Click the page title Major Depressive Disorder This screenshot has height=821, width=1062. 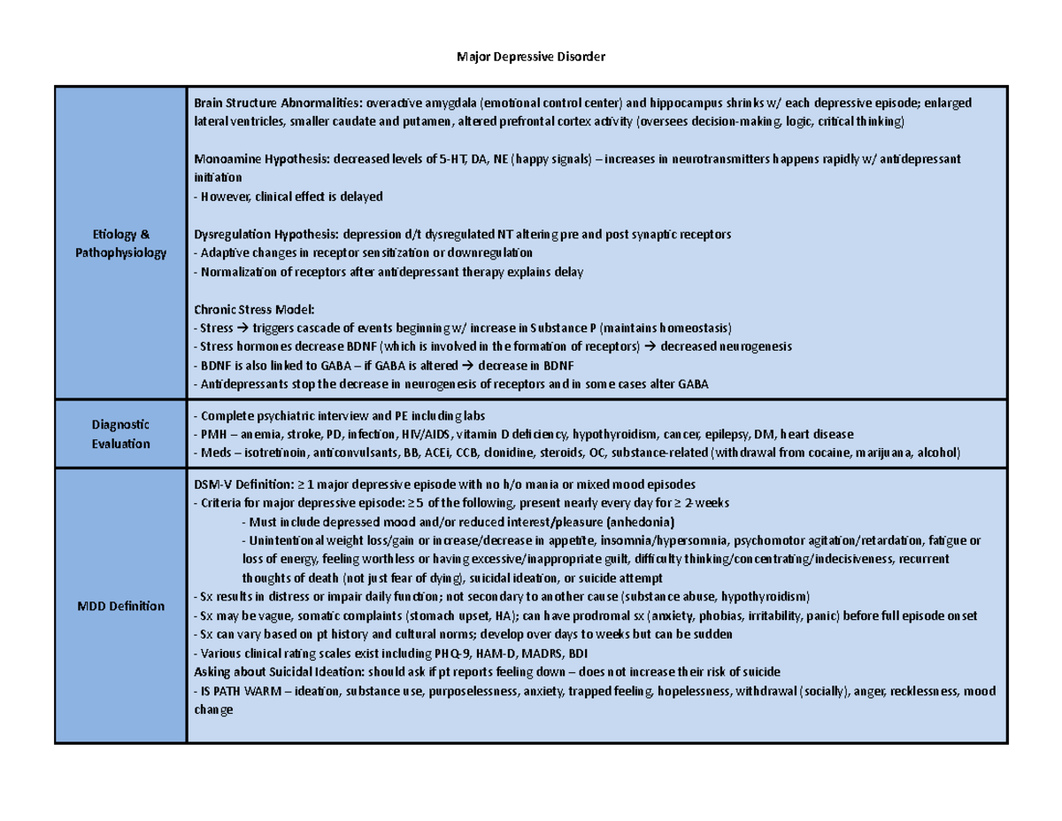point(530,58)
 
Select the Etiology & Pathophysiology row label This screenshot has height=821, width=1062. point(120,244)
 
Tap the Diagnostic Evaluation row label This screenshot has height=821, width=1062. point(120,434)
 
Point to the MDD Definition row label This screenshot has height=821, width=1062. point(120,607)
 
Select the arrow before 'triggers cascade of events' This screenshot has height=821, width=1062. point(240,328)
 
